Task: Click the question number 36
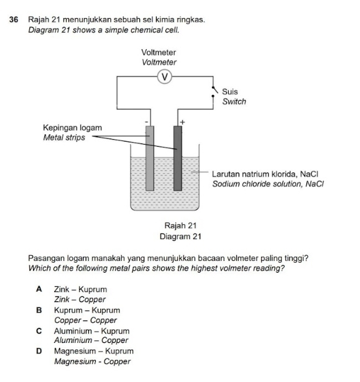16,20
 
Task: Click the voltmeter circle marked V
165,76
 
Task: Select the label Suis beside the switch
230,91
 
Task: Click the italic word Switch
234,101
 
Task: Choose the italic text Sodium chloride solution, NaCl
269,184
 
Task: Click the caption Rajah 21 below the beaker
180,225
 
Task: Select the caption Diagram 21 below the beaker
180,236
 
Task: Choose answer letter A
39,289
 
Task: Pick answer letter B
39,310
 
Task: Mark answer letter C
39,331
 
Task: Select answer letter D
39,351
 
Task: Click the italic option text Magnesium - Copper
92,362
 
